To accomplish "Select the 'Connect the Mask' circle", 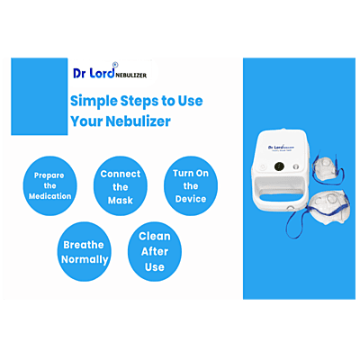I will tap(121, 185).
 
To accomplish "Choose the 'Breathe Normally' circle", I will tap(85, 252).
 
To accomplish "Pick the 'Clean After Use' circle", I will tap(154, 251).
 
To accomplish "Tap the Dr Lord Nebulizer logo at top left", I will tap(112, 76).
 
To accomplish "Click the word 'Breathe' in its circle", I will tap(85, 245).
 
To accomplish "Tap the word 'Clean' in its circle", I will tap(154, 238).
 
